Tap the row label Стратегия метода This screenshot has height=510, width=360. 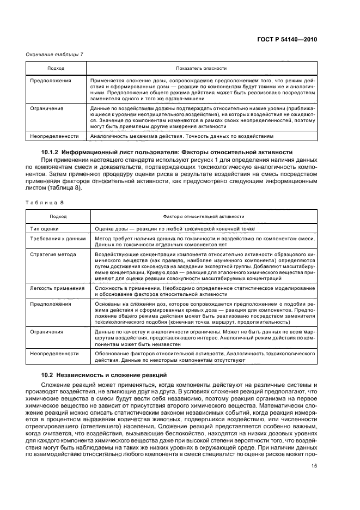[x=53, y=254]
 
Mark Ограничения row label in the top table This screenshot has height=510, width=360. [x=46, y=108]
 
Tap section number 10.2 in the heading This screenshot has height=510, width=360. [x=47, y=375]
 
